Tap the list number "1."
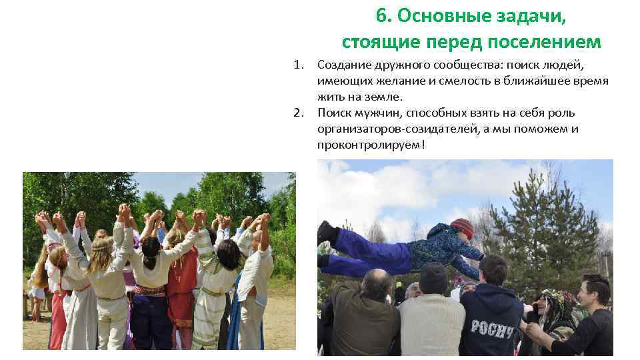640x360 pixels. point(299,65)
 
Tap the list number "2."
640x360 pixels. point(299,113)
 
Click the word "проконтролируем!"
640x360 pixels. point(371,145)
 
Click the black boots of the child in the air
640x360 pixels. point(327,233)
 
